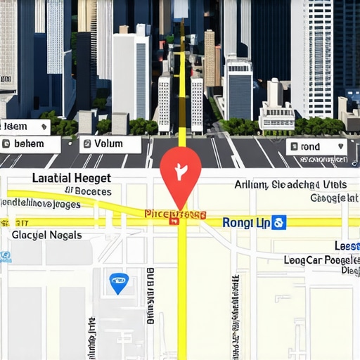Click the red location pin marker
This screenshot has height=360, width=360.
181,169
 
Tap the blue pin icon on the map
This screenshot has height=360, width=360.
119,283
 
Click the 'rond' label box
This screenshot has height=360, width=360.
316,147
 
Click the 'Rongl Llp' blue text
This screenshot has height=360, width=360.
246,222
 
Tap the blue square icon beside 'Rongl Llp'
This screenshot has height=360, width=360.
279,222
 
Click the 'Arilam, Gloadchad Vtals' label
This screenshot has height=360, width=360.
290,185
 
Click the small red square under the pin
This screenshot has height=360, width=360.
174,221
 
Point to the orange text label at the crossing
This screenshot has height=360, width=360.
174,213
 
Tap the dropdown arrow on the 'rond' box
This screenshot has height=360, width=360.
341,147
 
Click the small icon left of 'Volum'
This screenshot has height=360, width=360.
86,144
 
